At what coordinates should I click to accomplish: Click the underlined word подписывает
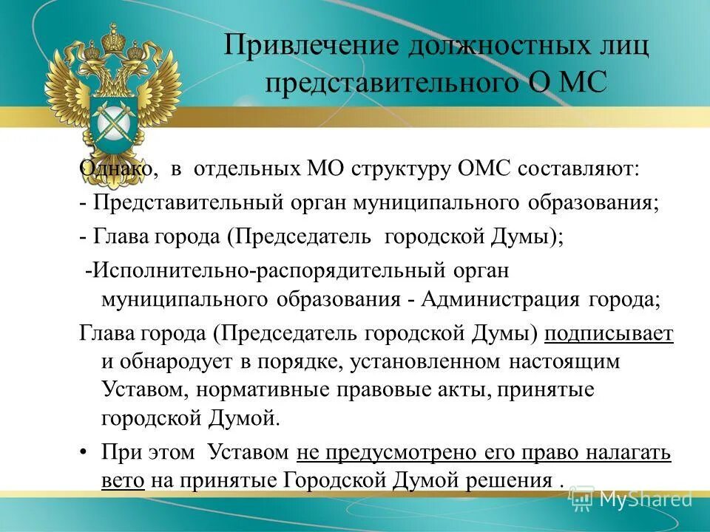(x=609, y=333)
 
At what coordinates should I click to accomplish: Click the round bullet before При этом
(x=84, y=452)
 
